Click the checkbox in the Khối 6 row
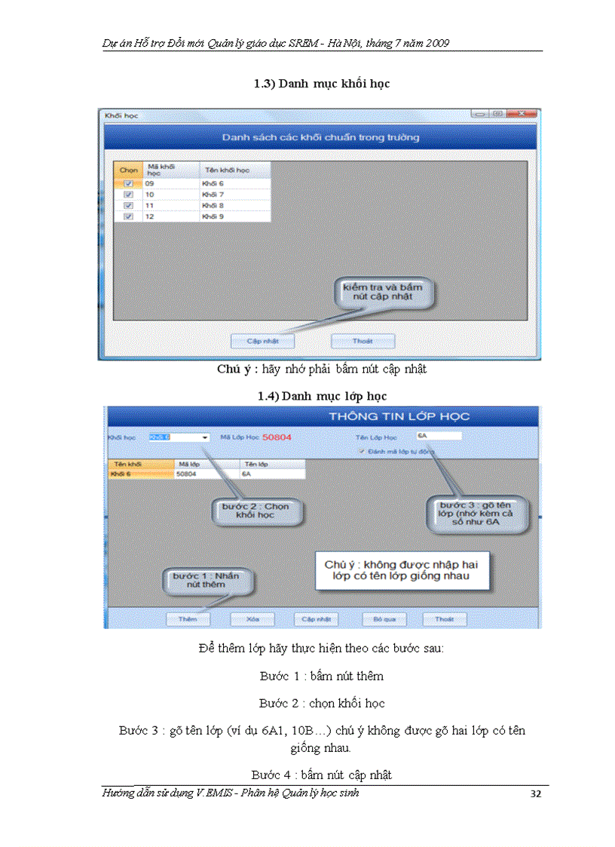[x=128, y=183]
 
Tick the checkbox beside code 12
[x=128, y=216]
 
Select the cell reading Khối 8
[x=213, y=205]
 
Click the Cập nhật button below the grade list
[x=263, y=341]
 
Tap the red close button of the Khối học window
[x=522, y=114]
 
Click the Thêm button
[x=188, y=619]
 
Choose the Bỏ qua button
[x=384, y=619]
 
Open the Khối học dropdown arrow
[x=204, y=437]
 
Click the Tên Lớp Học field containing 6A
[x=437, y=436]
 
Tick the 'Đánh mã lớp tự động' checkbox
[x=362, y=451]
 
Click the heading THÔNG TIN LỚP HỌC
[x=399, y=416]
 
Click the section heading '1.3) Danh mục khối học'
[x=322, y=84]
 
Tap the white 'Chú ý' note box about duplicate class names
[x=402, y=570]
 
